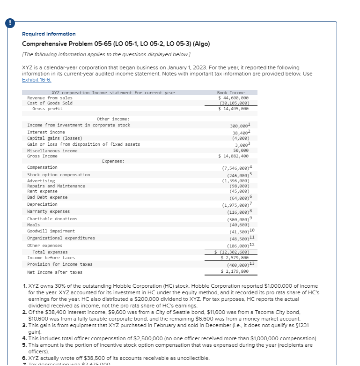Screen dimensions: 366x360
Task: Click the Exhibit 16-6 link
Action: [38, 80]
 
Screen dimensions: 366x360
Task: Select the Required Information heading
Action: [49, 34]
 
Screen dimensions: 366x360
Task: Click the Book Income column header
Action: [231, 93]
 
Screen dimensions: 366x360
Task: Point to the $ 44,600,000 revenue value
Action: [233, 98]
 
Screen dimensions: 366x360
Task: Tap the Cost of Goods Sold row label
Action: [50, 103]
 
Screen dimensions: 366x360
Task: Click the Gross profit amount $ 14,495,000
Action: [233, 109]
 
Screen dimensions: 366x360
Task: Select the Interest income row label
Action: [46, 132]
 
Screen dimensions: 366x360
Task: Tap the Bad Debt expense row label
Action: [47, 197]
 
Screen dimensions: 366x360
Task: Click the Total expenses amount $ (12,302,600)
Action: [232, 252]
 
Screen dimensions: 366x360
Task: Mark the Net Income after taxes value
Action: [235, 272]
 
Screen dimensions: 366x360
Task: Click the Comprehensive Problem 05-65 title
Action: [116, 44]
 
